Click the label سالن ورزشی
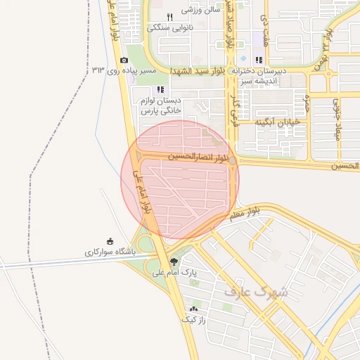click(201, 10)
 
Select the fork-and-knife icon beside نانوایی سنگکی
click(169, 17)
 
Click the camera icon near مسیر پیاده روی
click(124, 60)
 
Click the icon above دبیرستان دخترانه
click(259, 60)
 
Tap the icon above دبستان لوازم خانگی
click(160, 89)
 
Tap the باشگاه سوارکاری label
click(109, 251)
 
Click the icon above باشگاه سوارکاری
click(109, 240)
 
